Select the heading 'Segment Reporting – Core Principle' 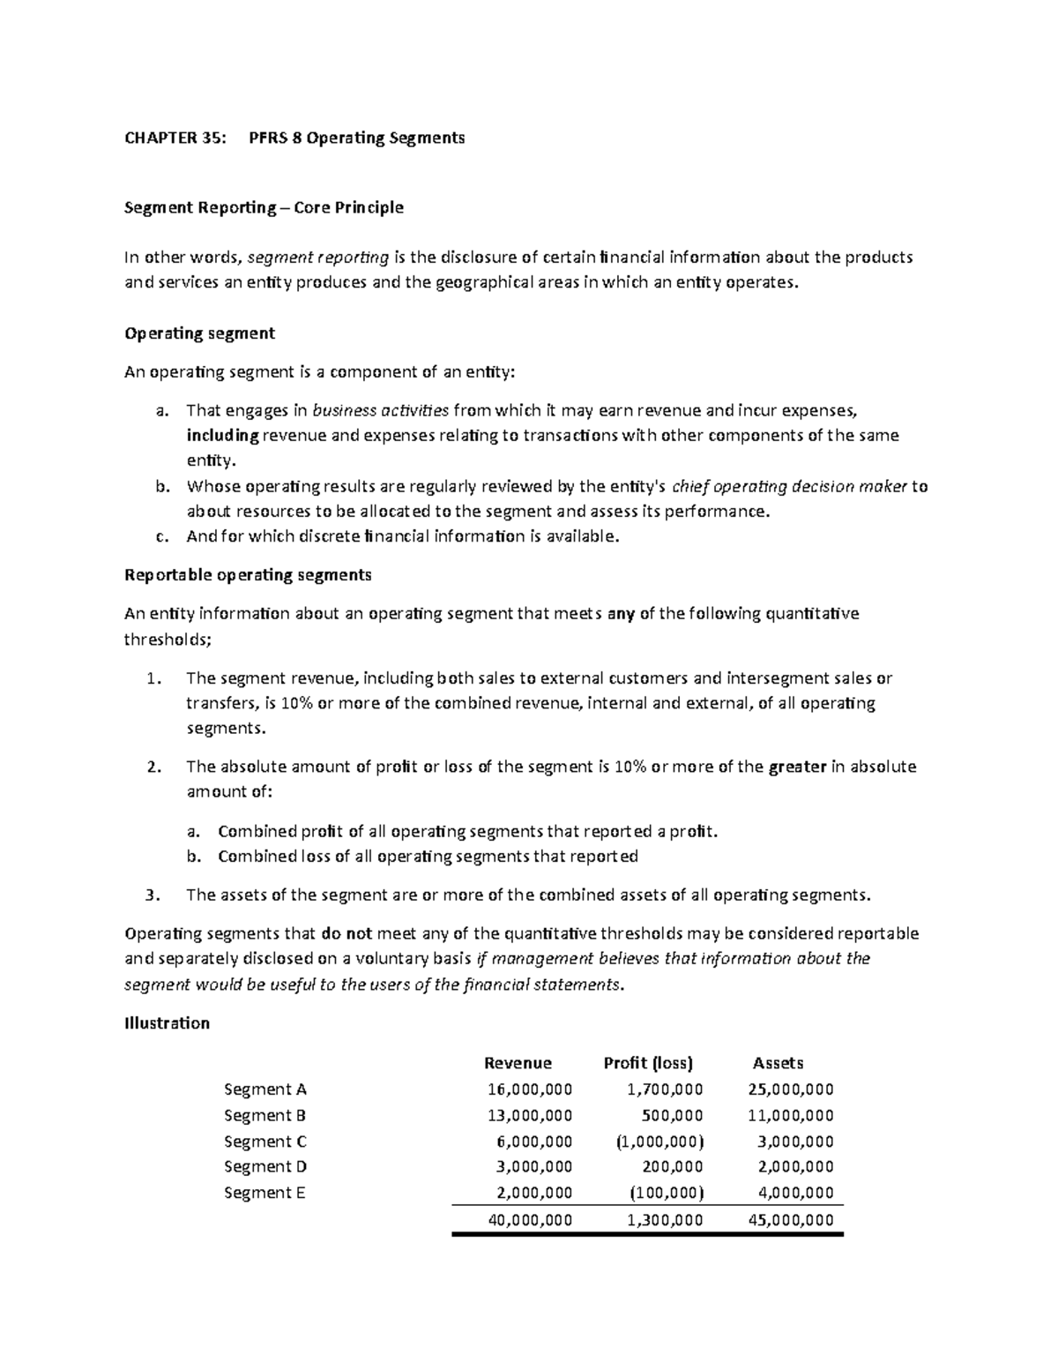[264, 207]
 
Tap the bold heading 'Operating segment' [200, 333]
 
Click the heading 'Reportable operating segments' [248, 575]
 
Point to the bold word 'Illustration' [168, 1023]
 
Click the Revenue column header [518, 1063]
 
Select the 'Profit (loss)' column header [648, 1063]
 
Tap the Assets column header [778, 1063]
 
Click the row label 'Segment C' [265, 1141]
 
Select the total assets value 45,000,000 [790, 1220]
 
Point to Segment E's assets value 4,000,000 [795, 1193]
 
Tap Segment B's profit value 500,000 [673, 1115]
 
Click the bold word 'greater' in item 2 [797, 767]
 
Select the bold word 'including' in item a [222, 436]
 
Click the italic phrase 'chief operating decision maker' [789, 486]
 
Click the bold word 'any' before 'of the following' [621, 614]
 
